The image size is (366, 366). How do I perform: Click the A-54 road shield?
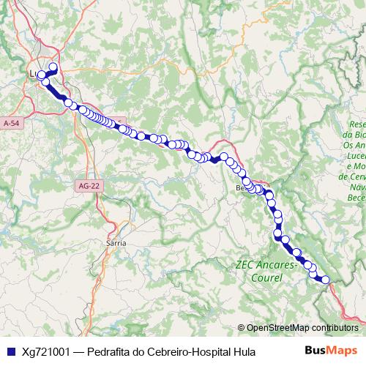(x=12, y=124)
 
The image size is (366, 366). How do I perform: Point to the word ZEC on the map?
(x=244, y=265)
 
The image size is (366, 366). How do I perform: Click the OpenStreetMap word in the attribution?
(x=277, y=328)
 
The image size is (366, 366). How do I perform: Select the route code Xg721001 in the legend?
(x=45, y=351)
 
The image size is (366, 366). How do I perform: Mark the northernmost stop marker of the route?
(x=53, y=67)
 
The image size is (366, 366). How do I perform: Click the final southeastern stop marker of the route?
(x=325, y=280)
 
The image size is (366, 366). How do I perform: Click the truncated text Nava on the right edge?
(x=356, y=188)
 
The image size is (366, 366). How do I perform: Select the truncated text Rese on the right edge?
(x=357, y=124)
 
